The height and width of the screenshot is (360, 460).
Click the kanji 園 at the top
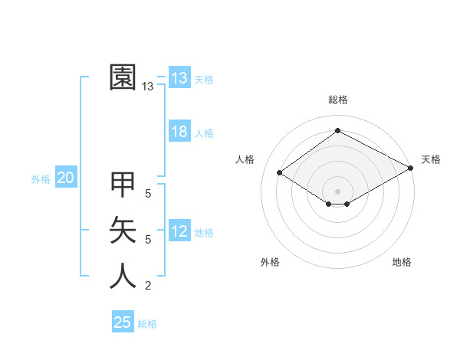pos(123,77)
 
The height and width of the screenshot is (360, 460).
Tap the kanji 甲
pos(123,185)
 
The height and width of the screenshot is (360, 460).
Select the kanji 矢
pos(123,230)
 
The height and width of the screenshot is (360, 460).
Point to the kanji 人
pos(123,276)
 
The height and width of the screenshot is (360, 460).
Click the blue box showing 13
pos(179,77)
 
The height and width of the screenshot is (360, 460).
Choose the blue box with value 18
pos(179,132)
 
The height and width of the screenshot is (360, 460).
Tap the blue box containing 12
pos(179,231)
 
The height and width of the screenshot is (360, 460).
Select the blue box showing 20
pos(65,178)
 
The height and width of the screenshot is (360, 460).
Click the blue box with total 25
pos(123,322)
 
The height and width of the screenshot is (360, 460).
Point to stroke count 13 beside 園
pos(147,87)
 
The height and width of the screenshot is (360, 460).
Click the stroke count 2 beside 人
pos(148,286)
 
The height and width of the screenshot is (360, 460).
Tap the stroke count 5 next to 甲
pos(148,194)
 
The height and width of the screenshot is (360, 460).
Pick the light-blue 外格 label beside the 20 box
pos(41,179)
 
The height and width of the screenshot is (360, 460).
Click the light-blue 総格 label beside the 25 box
pos(147,324)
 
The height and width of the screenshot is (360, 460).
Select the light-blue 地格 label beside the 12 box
pos(204,233)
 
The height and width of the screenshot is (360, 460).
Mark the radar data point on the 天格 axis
pos(412,169)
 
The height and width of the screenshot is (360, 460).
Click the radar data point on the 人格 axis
pos(280,173)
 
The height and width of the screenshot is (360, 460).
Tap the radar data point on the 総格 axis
pos(337,131)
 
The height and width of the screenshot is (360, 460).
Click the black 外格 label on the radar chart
pos(270,262)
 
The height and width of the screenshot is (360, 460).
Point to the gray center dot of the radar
pos(337,191)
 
